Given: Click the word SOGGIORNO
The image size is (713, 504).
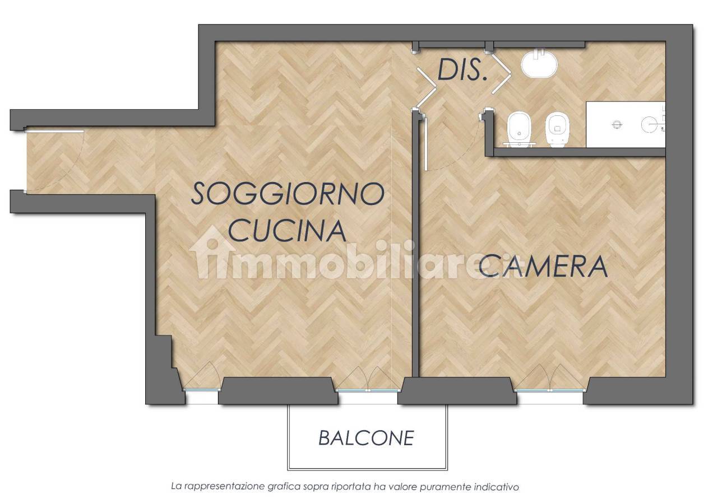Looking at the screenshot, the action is [x=288, y=194].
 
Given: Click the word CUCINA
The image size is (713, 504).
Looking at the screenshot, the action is [x=288, y=230].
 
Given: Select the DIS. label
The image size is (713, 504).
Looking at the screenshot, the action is [x=462, y=70].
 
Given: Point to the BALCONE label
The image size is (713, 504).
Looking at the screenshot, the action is [x=367, y=438].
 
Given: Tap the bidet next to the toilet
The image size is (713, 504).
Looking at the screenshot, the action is [x=518, y=129].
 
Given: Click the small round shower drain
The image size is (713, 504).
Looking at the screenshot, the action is [x=617, y=125].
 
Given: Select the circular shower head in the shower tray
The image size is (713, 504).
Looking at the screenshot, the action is [x=649, y=124].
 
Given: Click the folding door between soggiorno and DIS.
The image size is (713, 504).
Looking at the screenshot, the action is [x=426, y=88].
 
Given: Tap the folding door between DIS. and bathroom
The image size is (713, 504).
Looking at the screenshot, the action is [x=501, y=73].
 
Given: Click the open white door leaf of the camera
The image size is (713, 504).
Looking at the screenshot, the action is [x=425, y=144].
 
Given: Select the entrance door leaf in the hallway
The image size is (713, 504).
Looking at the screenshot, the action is [x=54, y=130].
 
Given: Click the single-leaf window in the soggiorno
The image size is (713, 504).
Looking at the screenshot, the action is [x=202, y=390].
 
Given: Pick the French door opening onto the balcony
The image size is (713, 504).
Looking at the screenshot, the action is [x=368, y=390].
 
